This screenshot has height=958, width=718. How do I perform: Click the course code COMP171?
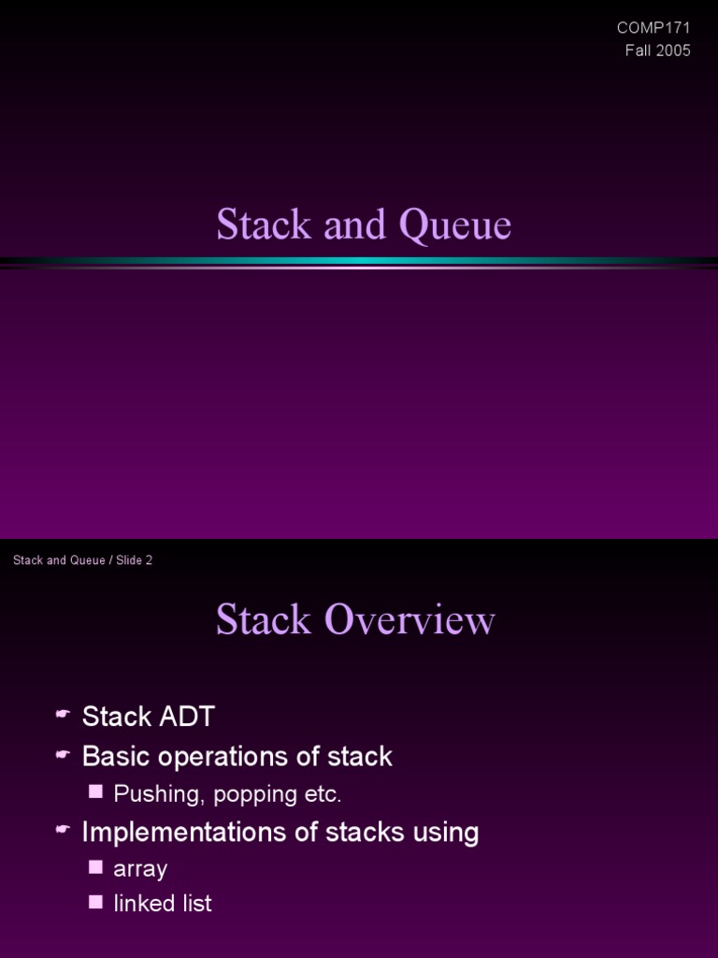pyautogui.click(x=653, y=28)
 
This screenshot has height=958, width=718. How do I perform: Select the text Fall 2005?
pyautogui.click(x=657, y=51)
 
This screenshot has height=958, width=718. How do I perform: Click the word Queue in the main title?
pyautogui.click(x=455, y=225)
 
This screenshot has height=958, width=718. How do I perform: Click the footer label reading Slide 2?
pyautogui.click(x=134, y=560)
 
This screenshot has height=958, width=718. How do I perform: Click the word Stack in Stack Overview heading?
pyautogui.click(x=263, y=620)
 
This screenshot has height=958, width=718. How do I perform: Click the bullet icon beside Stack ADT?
pyautogui.click(x=63, y=716)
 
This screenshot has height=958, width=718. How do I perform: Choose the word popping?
pyautogui.click(x=256, y=795)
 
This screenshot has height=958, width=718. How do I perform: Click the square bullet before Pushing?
pyautogui.click(x=95, y=792)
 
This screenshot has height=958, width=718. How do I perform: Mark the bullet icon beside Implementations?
pyautogui.click(x=63, y=830)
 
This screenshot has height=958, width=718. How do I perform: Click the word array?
pyautogui.click(x=140, y=869)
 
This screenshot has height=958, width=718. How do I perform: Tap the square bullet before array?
pyautogui.click(x=95, y=866)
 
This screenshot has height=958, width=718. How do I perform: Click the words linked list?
pyautogui.click(x=163, y=904)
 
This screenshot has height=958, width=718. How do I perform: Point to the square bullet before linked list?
pyautogui.click(x=95, y=902)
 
